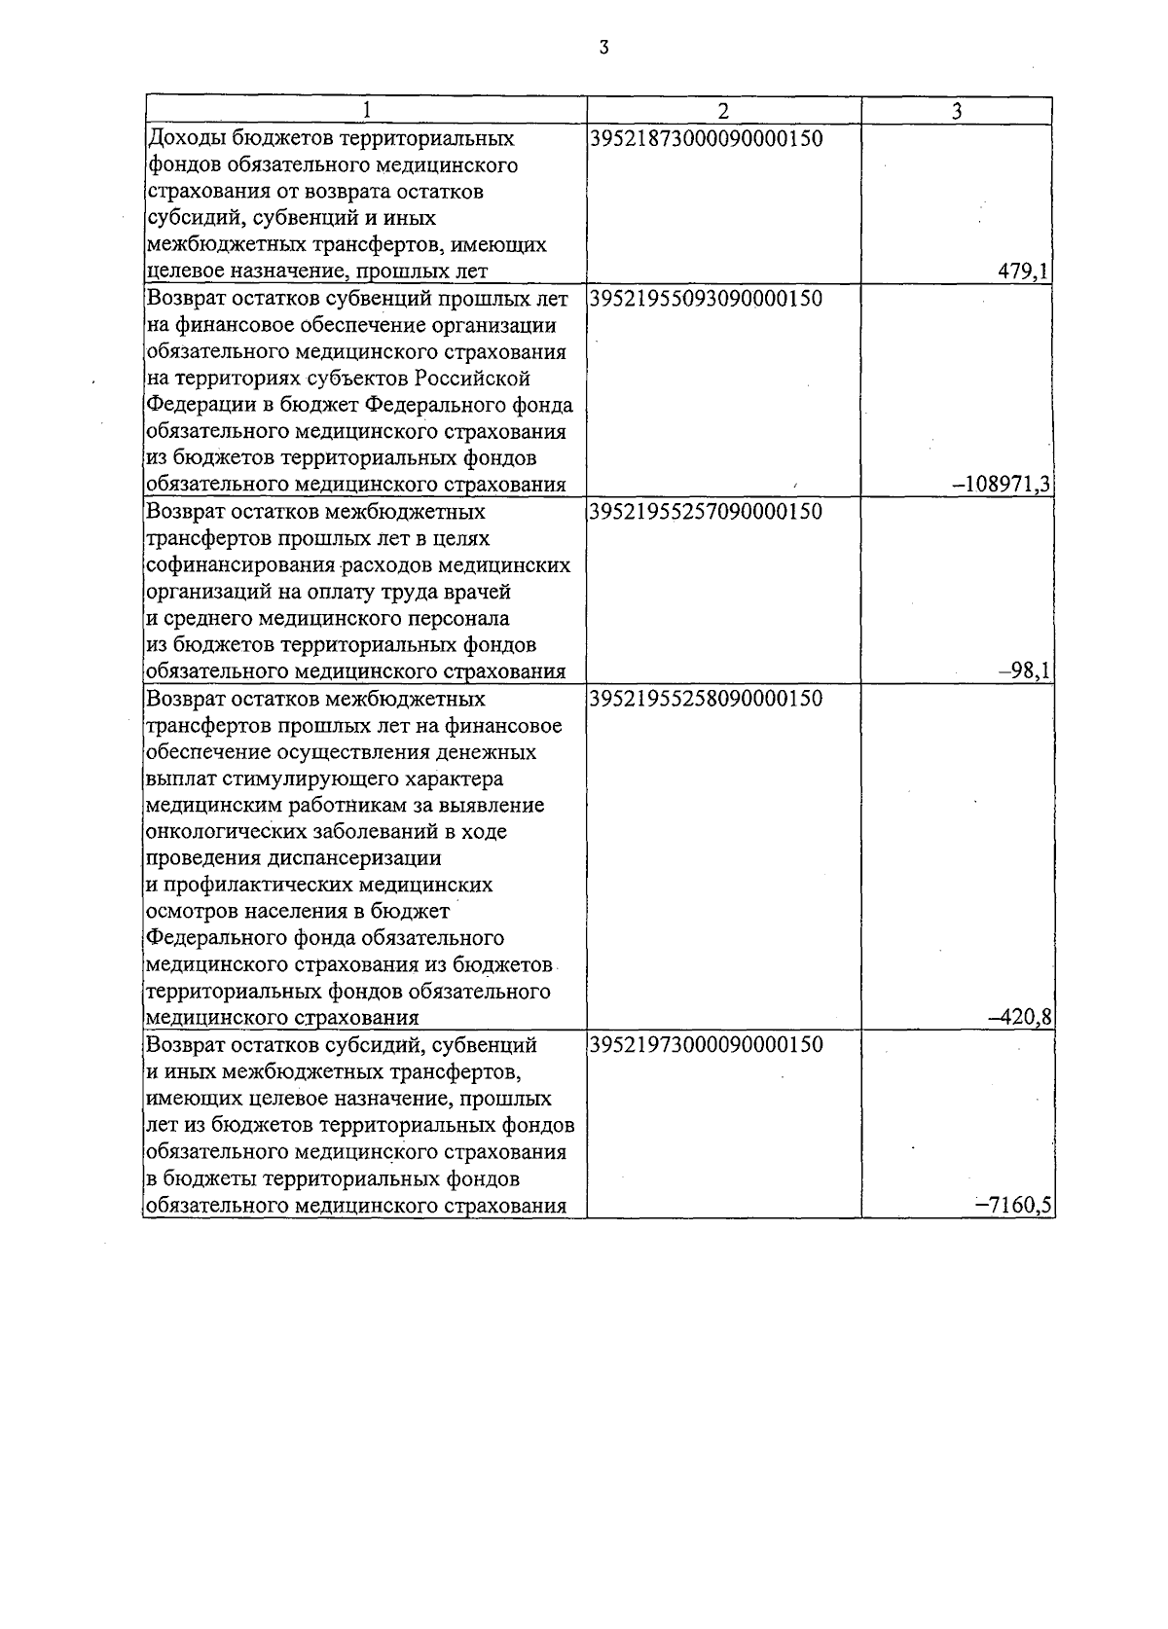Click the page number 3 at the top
pyautogui.click(x=603, y=47)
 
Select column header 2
pyautogui.click(x=723, y=111)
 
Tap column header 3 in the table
pyautogui.click(x=956, y=111)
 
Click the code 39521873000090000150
pyautogui.click(x=706, y=139)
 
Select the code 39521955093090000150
pyautogui.click(x=706, y=299)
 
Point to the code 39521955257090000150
pyautogui.click(x=706, y=512)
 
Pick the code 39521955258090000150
pyautogui.click(x=706, y=699)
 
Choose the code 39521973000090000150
pyautogui.click(x=706, y=1045)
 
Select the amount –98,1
pyautogui.click(x=1030, y=671)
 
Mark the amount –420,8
pyautogui.click(x=1020, y=1018)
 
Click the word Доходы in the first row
pyautogui.click(x=178, y=139)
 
